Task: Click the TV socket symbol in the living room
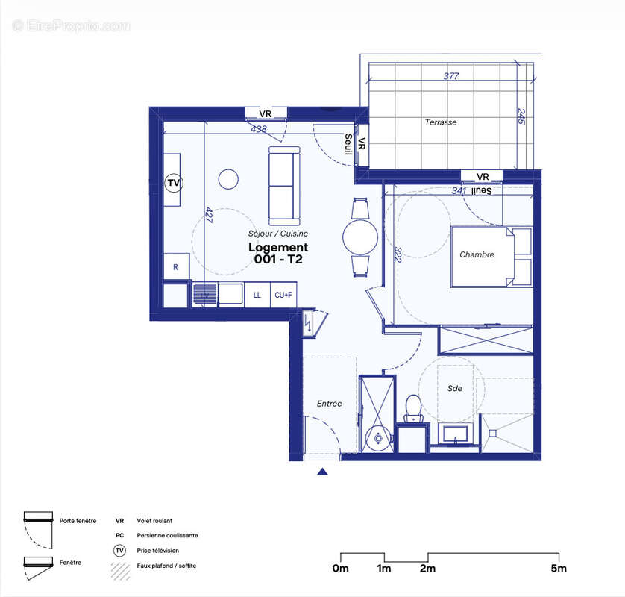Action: click(174, 182)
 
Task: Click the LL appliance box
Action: click(257, 295)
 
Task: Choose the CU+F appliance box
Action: click(283, 295)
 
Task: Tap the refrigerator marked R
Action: click(176, 267)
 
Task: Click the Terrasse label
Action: click(441, 122)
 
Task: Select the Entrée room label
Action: click(329, 404)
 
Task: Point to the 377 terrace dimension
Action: click(450, 75)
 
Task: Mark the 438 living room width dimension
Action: click(259, 129)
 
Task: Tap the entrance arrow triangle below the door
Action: click(322, 472)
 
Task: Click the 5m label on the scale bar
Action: click(559, 569)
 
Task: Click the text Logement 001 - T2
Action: click(277, 253)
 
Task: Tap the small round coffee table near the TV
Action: click(228, 179)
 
